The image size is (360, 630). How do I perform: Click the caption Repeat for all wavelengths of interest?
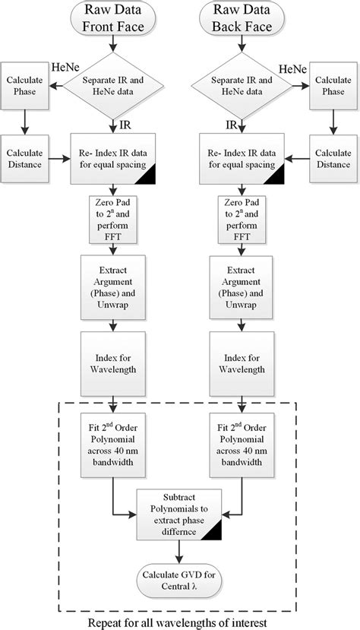pyautogui.click(x=179, y=621)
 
